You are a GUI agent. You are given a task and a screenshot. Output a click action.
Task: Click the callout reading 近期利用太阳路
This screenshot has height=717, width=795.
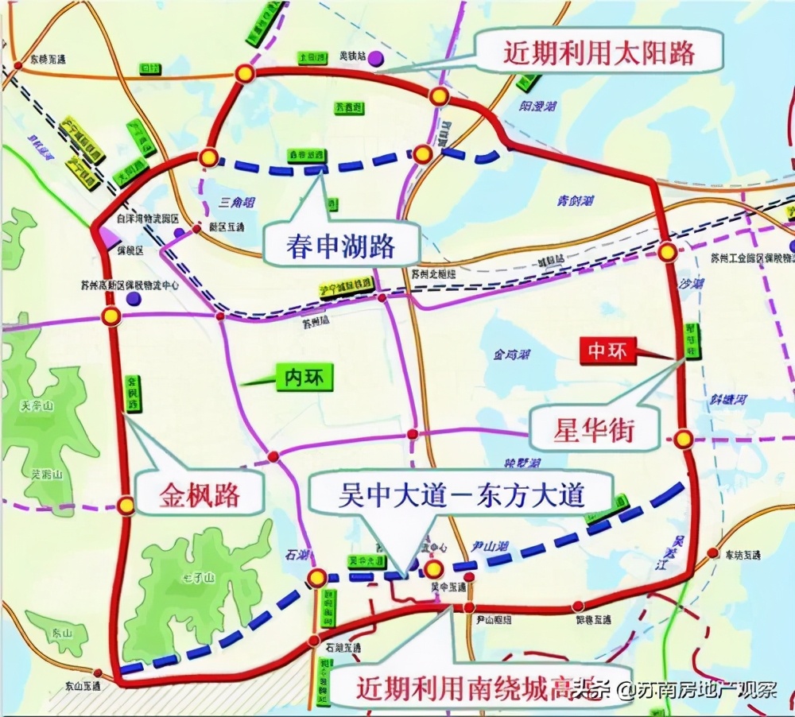click(599, 53)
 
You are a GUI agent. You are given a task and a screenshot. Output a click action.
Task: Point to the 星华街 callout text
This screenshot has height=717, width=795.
click(594, 430)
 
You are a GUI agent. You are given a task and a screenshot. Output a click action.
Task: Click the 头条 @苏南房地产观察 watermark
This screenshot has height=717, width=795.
click(676, 688)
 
